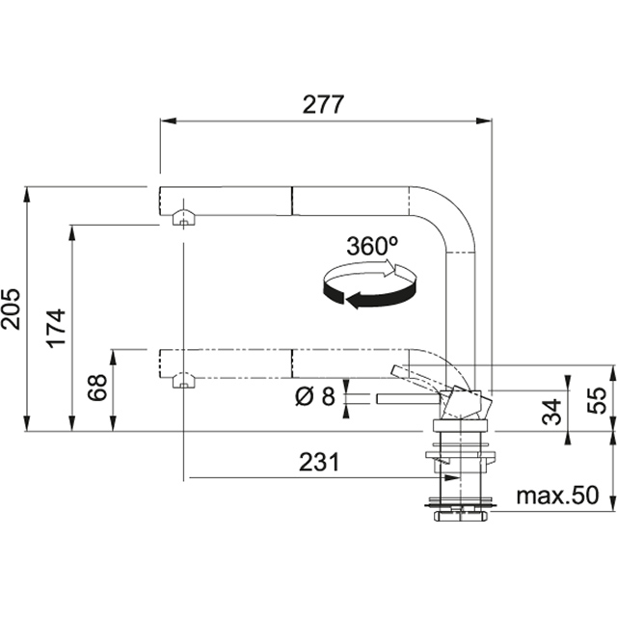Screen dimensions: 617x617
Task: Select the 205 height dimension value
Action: (x=13, y=308)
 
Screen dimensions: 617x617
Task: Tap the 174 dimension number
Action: (x=56, y=328)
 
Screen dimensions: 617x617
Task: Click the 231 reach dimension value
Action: (x=318, y=463)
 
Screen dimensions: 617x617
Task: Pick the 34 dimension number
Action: (x=549, y=412)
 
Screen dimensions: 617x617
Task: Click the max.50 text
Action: (x=557, y=496)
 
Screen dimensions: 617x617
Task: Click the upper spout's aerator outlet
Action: (x=180, y=220)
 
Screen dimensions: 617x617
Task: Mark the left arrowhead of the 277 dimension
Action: (x=165, y=121)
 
